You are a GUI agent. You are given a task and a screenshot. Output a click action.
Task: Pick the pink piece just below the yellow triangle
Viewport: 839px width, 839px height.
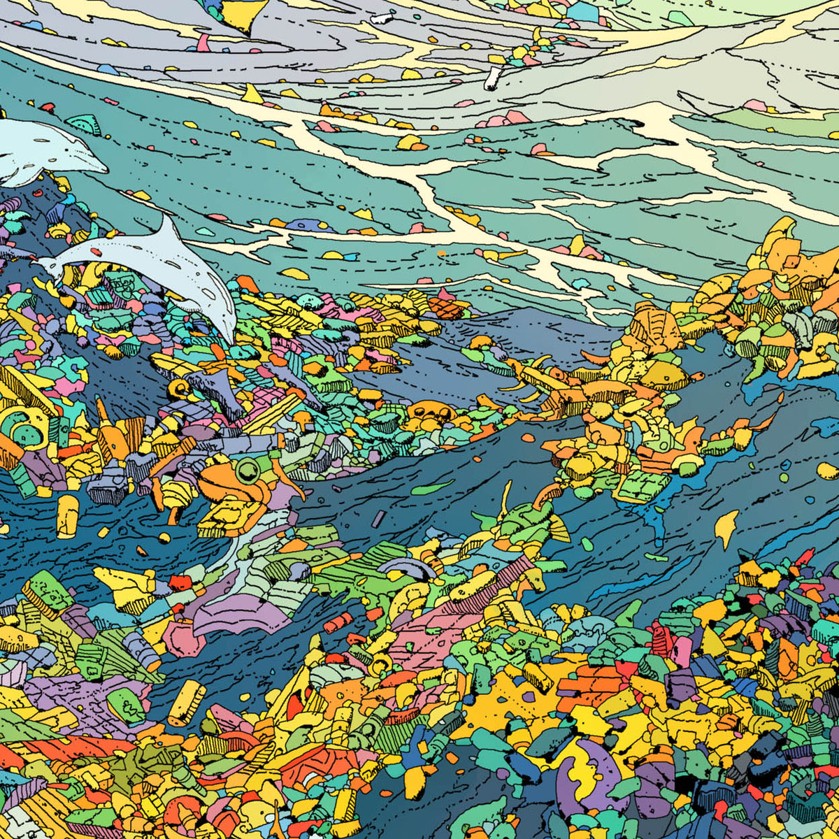click(203, 43)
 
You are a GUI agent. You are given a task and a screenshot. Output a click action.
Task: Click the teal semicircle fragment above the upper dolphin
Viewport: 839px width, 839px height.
click(84, 124)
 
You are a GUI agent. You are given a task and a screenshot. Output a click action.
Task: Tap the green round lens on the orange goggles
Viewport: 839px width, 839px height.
click(245, 469)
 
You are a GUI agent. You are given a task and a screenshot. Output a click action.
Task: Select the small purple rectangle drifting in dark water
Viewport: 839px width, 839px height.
click(380, 519)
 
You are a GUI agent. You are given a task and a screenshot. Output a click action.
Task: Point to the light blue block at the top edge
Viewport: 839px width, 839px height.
click(582, 12)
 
